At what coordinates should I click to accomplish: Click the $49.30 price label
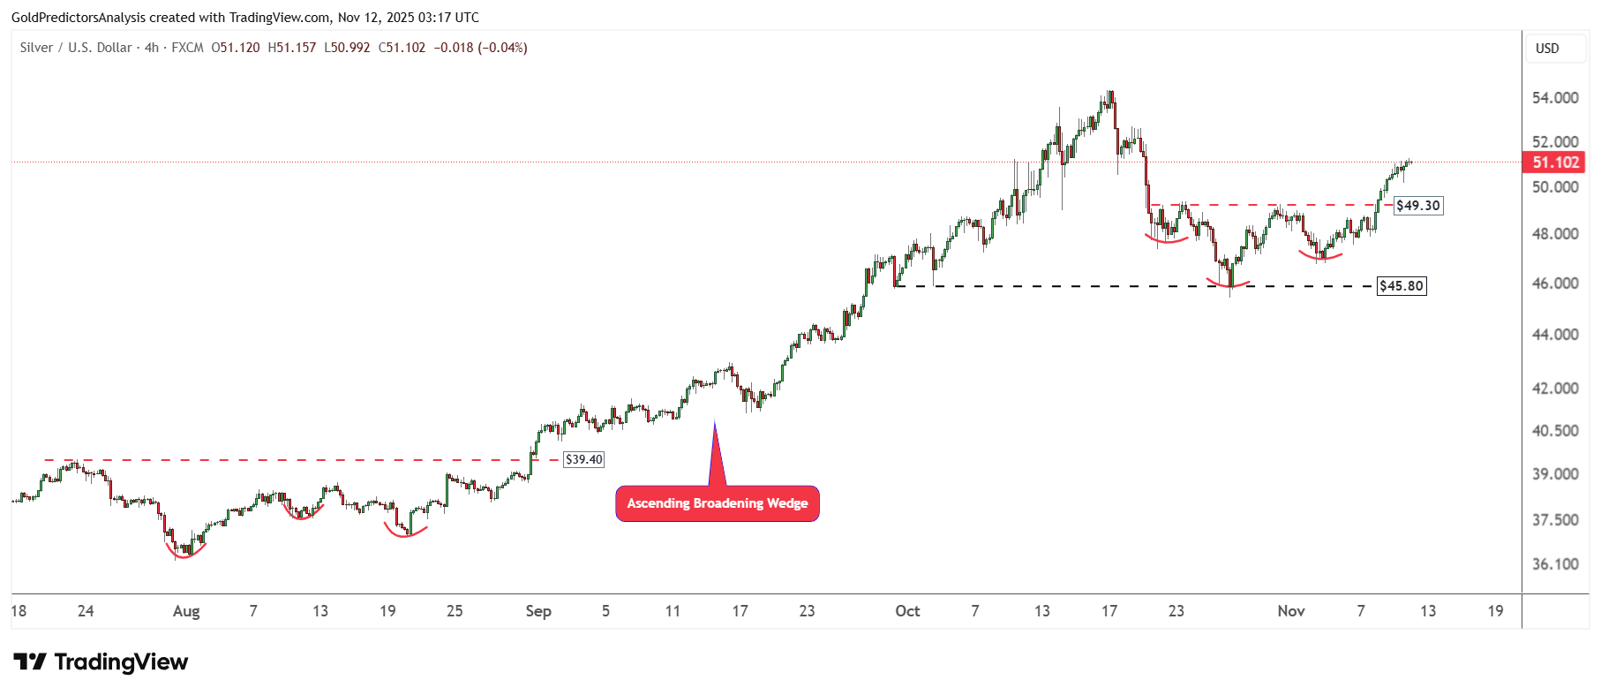(x=1418, y=206)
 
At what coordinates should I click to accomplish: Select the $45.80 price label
(x=1402, y=286)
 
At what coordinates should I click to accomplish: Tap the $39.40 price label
(x=583, y=459)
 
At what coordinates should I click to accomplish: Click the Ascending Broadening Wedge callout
(x=717, y=503)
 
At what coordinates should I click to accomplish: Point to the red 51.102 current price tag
(x=1554, y=162)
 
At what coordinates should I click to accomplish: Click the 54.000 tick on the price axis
(x=1555, y=98)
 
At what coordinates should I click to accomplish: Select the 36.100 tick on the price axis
(x=1555, y=564)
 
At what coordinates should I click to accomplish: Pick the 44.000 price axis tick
(x=1555, y=335)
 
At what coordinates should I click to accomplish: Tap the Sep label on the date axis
(x=537, y=611)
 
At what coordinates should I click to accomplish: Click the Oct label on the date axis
(x=907, y=611)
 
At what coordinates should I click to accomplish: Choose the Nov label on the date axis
(x=1290, y=611)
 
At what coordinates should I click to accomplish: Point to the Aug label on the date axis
(x=186, y=611)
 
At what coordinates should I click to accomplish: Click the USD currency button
(x=1547, y=49)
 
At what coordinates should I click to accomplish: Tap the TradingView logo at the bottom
(x=101, y=662)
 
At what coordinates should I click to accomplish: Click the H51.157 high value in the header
(x=291, y=48)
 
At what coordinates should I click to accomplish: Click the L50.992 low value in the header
(x=347, y=48)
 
